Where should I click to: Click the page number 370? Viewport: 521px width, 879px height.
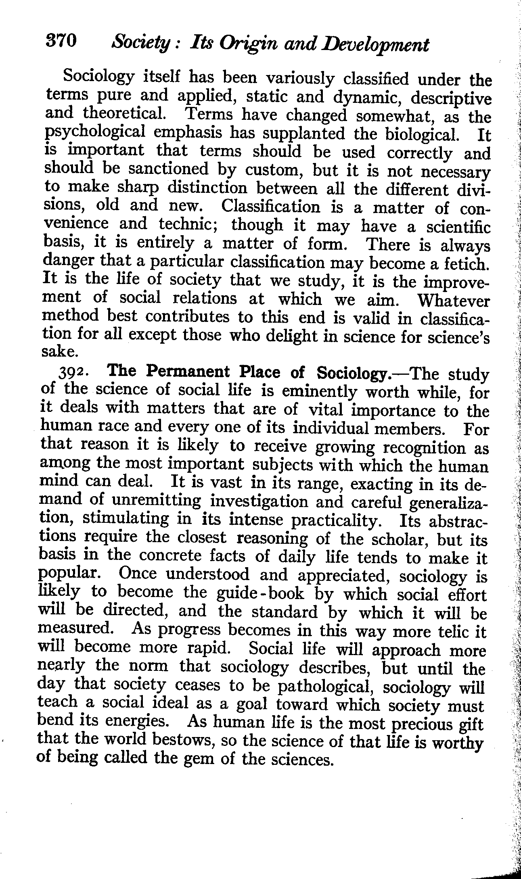[61, 41]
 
